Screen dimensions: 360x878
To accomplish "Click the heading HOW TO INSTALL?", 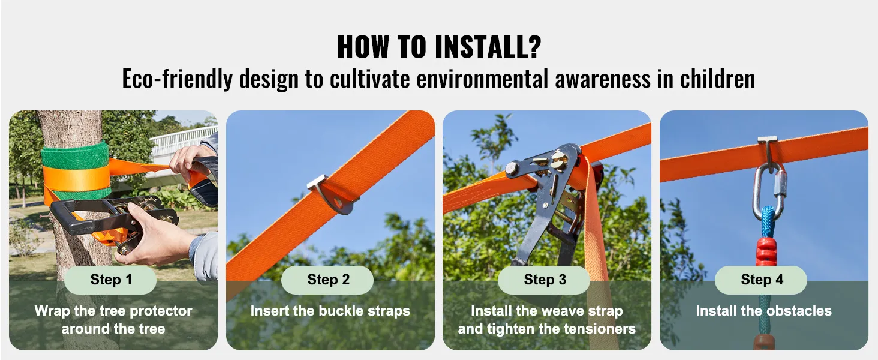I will (438, 47).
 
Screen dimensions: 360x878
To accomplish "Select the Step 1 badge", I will (111, 280).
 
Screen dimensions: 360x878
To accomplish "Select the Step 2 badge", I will (328, 280).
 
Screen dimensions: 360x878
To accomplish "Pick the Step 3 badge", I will (545, 280).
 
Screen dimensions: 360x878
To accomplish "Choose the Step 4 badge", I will (762, 280).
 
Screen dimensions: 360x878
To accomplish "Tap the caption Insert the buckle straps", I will (330, 311).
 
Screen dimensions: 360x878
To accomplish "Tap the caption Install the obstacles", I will (763, 311).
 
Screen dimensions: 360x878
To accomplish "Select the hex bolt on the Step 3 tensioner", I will (512, 169).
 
